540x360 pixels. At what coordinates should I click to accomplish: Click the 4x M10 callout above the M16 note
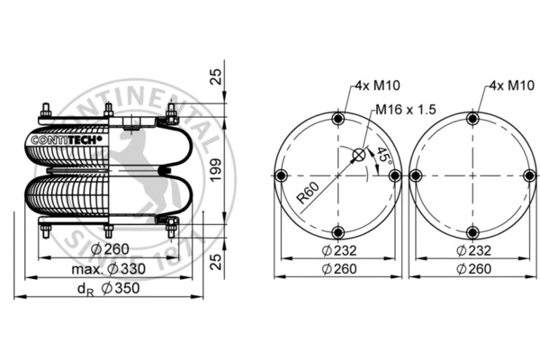click(373, 85)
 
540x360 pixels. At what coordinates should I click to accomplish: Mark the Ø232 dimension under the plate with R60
click(337, 249)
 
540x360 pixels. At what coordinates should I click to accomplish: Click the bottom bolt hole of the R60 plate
click(337, 230)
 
